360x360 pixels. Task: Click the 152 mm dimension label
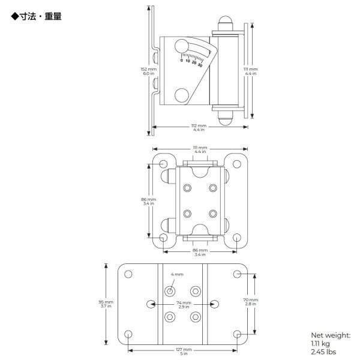point(149,69)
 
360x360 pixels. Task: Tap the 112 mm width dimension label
point(199,126)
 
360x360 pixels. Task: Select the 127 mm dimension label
point(184,349)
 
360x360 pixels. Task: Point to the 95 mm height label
point(106,302)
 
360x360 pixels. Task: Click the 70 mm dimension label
point(250,300)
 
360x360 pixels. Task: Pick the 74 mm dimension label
point(184,303)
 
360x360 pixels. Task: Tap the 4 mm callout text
point(177,274)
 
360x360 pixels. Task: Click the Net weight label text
point(331,335)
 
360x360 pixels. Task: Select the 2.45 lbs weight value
point(323,352)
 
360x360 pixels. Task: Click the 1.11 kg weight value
point(320,344)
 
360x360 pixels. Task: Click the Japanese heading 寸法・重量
point(41,17)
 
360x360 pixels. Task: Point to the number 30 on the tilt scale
point(200,65)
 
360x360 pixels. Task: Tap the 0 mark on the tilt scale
point(182,61)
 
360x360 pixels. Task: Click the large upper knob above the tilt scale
point(182,46)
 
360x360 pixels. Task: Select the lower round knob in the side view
point(182,95)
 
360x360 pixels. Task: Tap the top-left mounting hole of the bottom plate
point(128,274)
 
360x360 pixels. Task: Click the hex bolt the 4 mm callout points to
point(170,292)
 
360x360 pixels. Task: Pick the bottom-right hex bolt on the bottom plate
point(196,317)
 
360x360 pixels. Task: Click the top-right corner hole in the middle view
point(237,164)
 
